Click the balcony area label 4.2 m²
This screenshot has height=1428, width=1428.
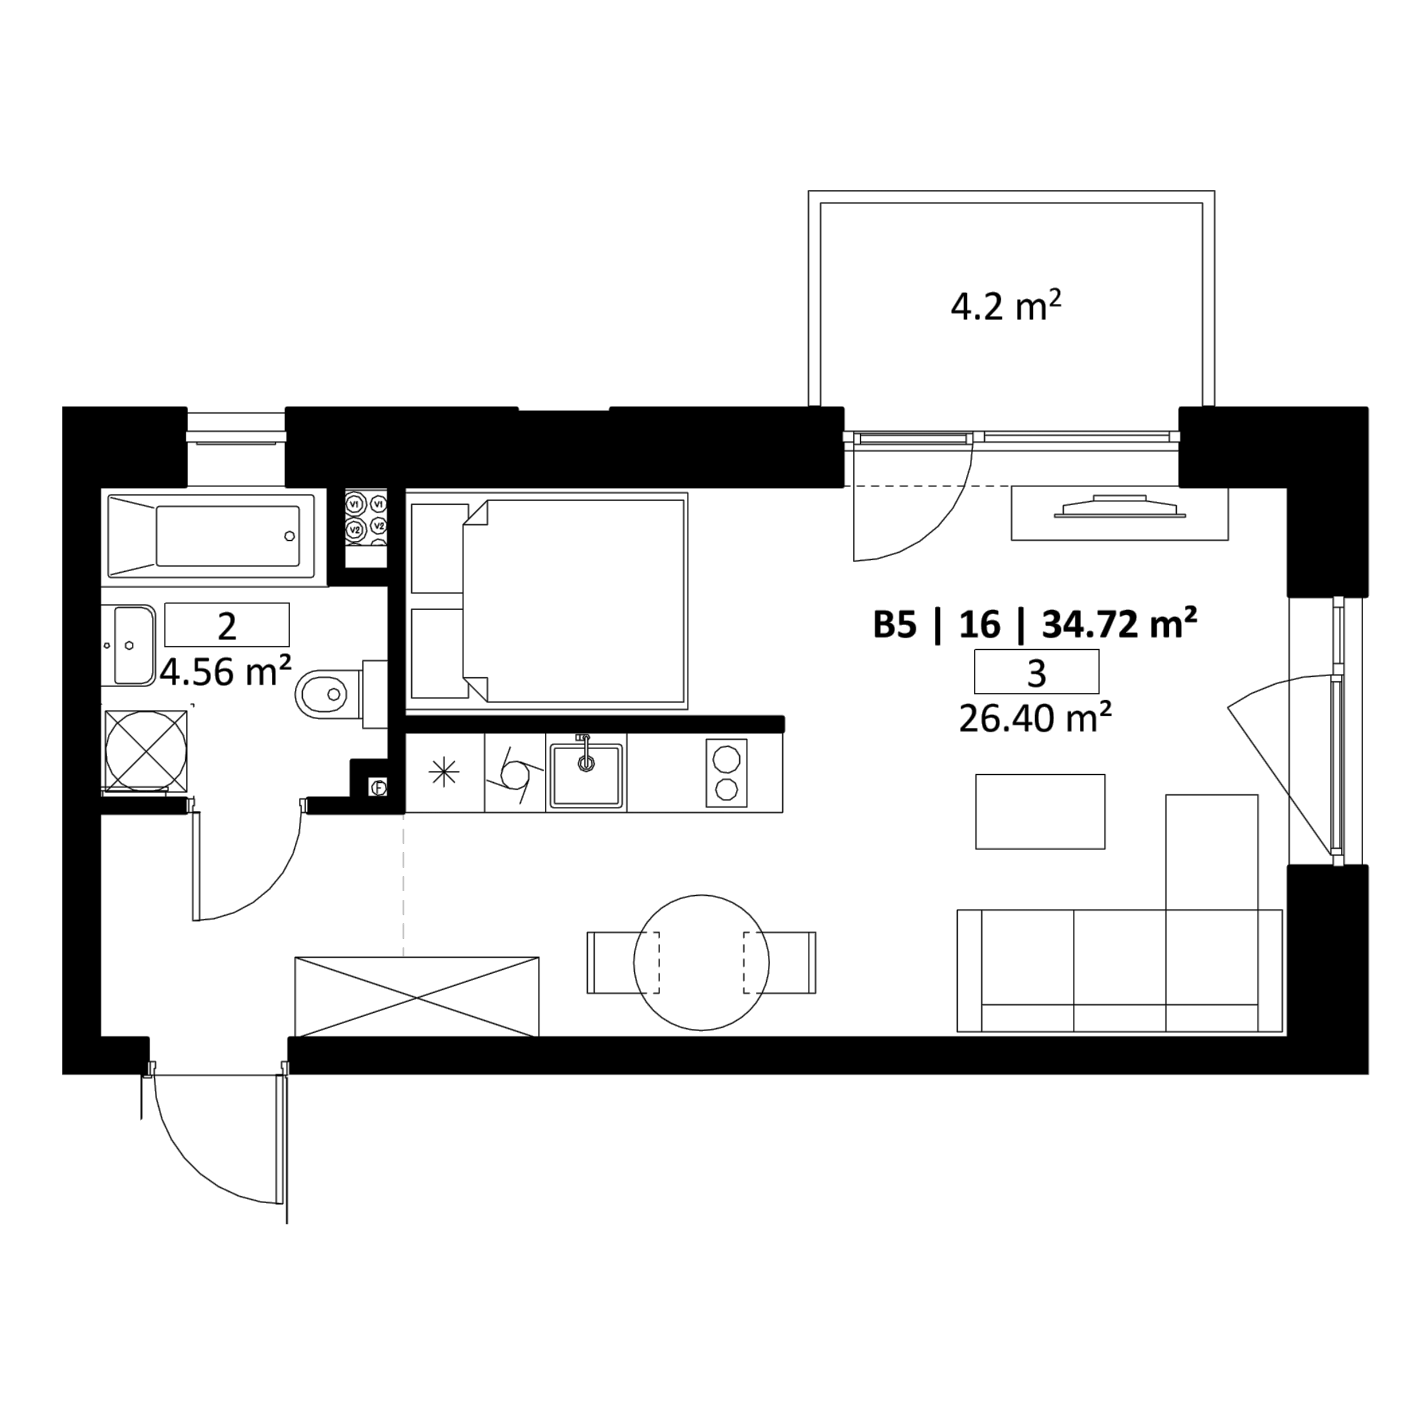click(x=1005, y=306)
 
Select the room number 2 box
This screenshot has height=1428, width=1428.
click(x=227, y=625)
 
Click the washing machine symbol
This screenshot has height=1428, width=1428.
click(x=146, y=750)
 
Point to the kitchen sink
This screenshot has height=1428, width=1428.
click(x=586, y=773)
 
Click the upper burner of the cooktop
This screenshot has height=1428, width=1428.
click(x=726, y=758)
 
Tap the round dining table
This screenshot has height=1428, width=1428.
click(x=701, y=962)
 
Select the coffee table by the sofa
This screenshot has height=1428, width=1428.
click(x=1040, y=811)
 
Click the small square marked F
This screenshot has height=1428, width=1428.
click(x=379, y=787)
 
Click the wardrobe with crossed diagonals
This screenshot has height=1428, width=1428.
click(x=417, y=997)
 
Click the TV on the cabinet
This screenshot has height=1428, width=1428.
click(x=1120, y=506)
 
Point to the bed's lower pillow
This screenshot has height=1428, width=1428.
click(x=439, y=653)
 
